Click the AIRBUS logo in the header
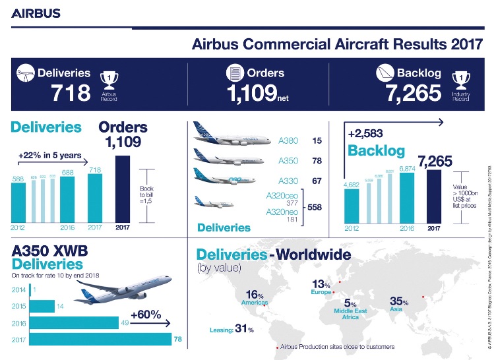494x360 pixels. point(36,13)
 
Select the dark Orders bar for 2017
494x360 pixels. point(123,189)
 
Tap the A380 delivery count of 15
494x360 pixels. point(317,141)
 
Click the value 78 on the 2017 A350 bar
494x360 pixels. point(177,340)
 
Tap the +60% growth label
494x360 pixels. point(146,315)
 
